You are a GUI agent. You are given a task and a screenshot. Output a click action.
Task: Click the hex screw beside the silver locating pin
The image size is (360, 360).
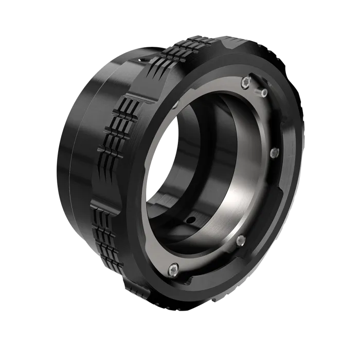[246, 82]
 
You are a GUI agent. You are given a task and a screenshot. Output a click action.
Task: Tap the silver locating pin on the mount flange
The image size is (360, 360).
[264, 93]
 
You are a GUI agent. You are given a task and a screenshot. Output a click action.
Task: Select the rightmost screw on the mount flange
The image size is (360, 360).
[274, 152]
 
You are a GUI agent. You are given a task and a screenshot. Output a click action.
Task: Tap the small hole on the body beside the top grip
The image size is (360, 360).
[141, 61]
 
